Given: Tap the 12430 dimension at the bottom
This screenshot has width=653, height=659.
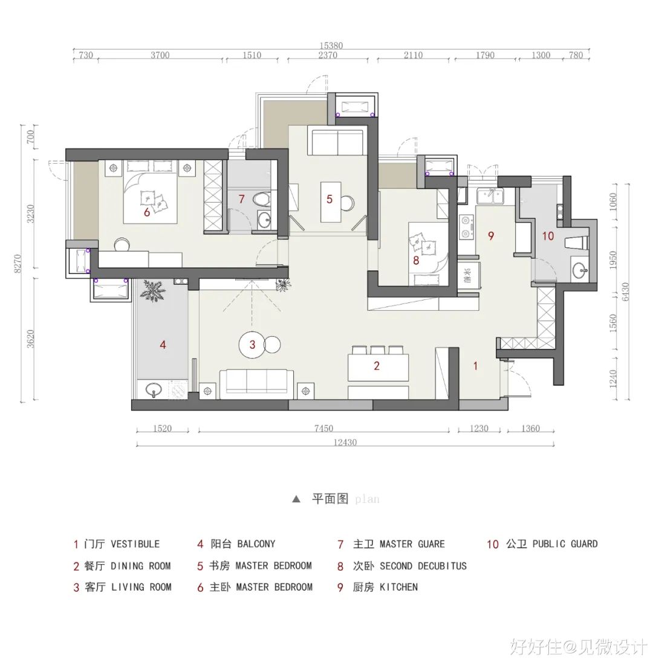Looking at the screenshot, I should (x=345, y=443).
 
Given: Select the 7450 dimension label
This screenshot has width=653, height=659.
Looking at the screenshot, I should (x=323, y=429).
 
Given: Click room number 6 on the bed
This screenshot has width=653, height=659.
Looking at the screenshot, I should (x=146, y=212).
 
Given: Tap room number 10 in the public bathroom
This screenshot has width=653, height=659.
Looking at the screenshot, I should (x=548, y=236).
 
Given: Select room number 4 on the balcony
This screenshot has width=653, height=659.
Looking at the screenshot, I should (x=163, y=345).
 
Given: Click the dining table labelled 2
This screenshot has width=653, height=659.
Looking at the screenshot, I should (x=378, y=366).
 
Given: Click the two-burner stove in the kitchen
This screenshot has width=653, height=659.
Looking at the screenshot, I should (x=466, y=227).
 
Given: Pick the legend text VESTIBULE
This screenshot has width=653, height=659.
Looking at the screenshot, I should (x=135, y=544).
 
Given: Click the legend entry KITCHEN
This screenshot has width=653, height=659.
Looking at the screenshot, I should (x=398, y=587).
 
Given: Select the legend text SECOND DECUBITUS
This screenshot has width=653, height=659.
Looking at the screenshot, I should (x=423, y=566).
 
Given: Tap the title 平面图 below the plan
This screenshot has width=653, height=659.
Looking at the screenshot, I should (x=330, y=499).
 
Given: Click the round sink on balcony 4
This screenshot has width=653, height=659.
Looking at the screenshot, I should (x=154, y=389).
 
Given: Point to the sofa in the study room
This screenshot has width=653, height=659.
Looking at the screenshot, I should (x=337, y=143).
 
